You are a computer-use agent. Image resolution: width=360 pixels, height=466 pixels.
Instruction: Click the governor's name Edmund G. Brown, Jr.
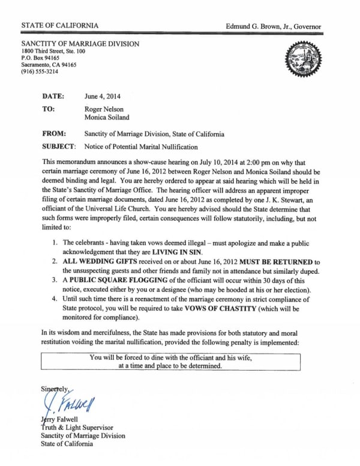(273, 27)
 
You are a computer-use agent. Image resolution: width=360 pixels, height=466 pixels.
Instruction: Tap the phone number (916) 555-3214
(41, 71)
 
